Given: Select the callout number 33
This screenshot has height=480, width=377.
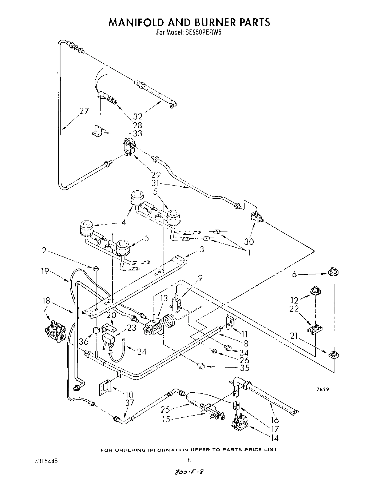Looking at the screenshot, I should point(138,134).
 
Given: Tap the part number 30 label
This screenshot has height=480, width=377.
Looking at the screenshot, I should point(250,241).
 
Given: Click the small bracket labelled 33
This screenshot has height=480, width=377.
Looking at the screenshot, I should point(98,132).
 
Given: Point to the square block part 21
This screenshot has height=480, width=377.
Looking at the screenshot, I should point(333,355).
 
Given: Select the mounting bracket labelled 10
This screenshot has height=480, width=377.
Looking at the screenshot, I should point(104,389).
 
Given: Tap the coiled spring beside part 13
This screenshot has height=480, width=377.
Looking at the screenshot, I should point(168,321).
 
